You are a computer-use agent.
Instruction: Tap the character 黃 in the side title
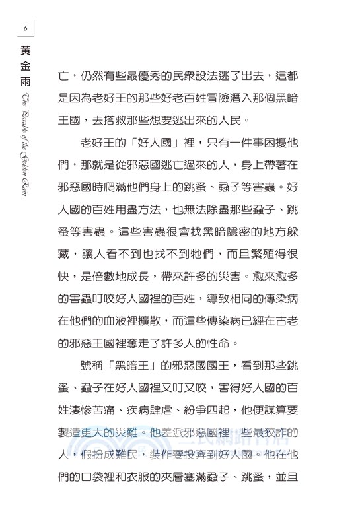click(24, 51)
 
